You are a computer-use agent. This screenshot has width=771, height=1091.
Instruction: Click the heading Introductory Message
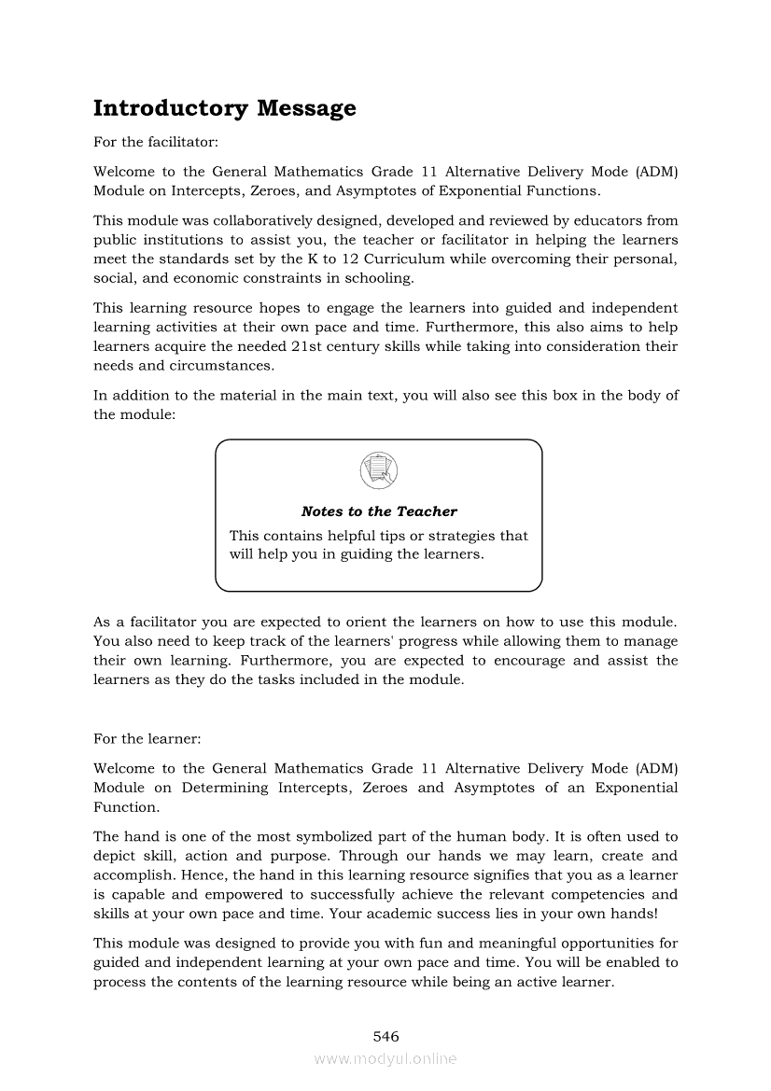click(x=224, y=108)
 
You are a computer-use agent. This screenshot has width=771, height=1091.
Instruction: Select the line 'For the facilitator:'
click(x=156, y=143)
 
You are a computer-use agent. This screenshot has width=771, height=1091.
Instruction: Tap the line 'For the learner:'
click(x=147, y=738)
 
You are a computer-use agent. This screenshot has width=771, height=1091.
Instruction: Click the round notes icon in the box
click(x=378, y=469)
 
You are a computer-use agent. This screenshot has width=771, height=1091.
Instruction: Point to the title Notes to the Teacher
click(x=379, y=511)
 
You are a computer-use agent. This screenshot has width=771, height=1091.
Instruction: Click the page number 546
click(x=385, y=1036)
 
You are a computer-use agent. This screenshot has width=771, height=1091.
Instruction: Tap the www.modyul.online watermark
click(x=385, y=1058)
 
